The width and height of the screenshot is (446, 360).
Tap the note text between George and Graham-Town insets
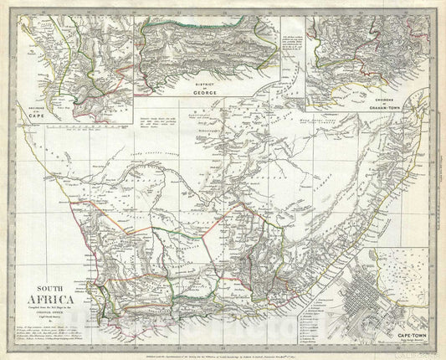coord(292,50)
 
